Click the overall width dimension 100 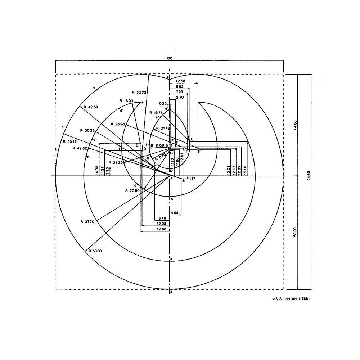[x=170, y=58]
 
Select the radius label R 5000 [x=94, y=251]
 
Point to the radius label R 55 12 [x=69, y=142]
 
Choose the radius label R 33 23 [x=139, y=92]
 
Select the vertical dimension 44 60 [x=296, y=126]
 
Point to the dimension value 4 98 [x=175, y=213]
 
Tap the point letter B [x=183, y=181]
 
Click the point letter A [x=171, y=178]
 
